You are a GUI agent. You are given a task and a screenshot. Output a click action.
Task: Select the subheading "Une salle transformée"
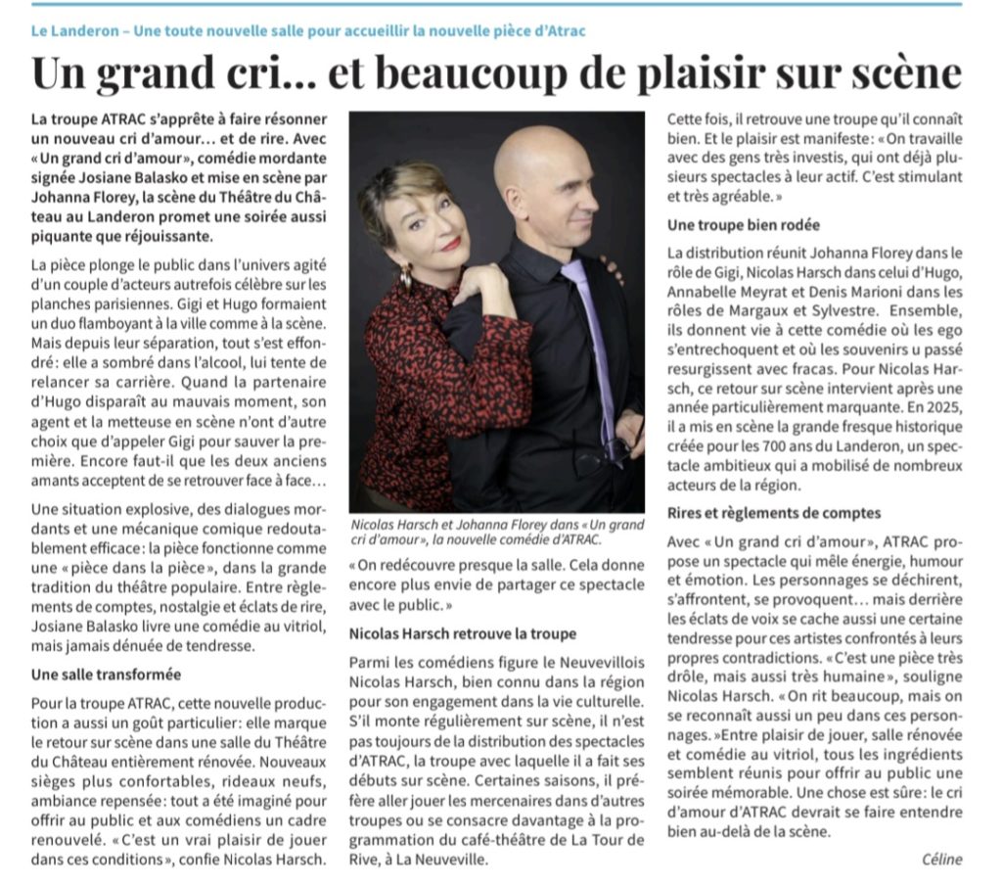coord(106,675)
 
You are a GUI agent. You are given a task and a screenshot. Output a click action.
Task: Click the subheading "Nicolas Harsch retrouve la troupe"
coord(463,634)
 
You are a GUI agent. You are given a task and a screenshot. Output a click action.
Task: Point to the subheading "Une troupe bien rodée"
coord(744,225)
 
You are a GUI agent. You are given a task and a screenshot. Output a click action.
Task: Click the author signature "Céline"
coord(941,860)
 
